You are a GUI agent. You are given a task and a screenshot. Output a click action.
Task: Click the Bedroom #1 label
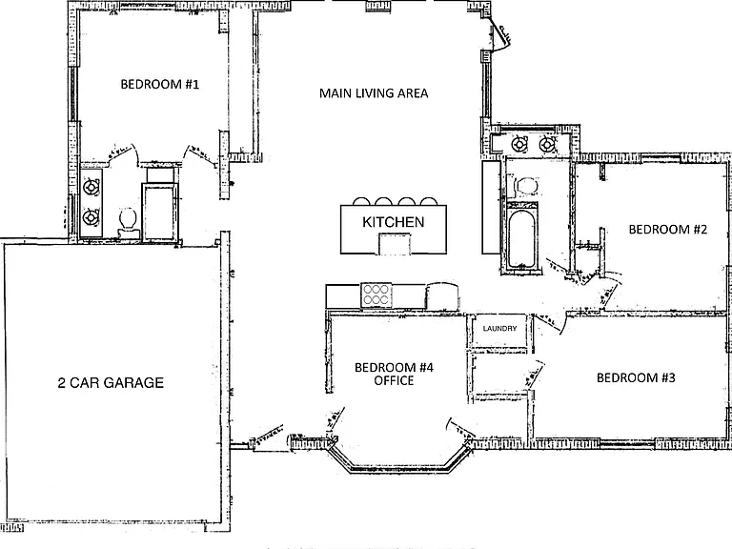(160, 85)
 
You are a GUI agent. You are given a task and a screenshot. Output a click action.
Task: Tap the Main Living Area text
(374, 93)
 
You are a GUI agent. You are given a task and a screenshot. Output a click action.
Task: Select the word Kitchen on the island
(394, 222)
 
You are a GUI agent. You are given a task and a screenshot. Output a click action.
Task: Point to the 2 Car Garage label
(111, 383)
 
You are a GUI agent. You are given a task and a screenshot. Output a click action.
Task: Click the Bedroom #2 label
(667, 229)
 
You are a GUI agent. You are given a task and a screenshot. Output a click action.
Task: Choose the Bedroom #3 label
(636, 377)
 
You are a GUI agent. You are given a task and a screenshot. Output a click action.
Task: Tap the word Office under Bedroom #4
(394, 380)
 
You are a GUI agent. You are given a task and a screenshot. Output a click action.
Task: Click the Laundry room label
(499, 329)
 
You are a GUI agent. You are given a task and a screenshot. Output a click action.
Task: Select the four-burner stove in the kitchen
(376, 295)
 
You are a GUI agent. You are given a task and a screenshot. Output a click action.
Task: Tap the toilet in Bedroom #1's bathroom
(128, 220)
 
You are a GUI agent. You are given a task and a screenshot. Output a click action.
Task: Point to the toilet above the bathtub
(526, 187)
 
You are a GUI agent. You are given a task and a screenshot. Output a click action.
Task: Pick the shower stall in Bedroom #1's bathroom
(160, 212)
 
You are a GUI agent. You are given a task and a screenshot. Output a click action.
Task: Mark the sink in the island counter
(395, 243)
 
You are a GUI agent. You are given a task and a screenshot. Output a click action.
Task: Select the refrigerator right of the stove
(441, 296)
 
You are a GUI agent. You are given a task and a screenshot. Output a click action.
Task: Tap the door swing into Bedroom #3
(535, 374)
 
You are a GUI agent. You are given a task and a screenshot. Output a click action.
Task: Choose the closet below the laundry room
(500, 376)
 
